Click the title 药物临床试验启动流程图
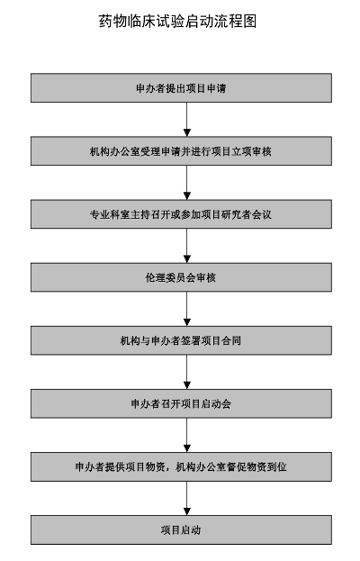pyautogui.click(x=177, y=21)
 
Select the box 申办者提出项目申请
pyautogui.click(x=181, y=88)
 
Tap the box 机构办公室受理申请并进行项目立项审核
pyautogui.click(x=181, y=151)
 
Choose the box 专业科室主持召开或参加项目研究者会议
pyautogui.click(x=181, y=214)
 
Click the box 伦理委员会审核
pyautogui.click(x=181, y=277)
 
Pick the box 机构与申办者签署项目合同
pyautogui.click(x=181, y=340)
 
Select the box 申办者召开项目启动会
pyautogui.click(x=181, y=403)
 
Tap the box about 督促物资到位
pyautogui.click(x=181, y=467)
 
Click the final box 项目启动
pyautogui.click(x=181, y=529)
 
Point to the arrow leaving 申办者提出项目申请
pyautogui.click(x=186, y=120)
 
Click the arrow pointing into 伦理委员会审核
pyautogui.click(x=186, y=246)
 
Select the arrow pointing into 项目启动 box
pyautogui.click(x=186, y=498)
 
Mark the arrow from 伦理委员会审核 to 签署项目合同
pyautogui.click(x=186, y=309)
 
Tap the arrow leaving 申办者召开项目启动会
pyautogui.click(x=186, y=435)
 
